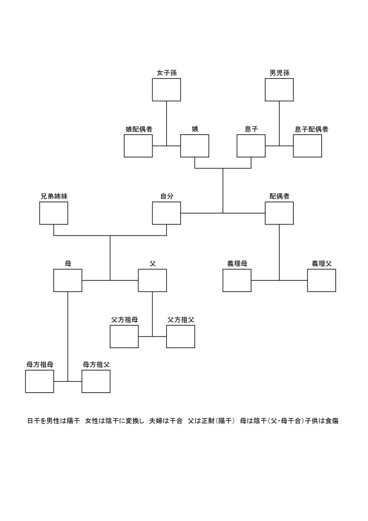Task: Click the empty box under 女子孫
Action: [166, 90]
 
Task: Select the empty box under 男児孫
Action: [279, 90]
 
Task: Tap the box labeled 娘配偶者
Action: [138, 146]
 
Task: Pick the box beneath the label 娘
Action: [195, 146]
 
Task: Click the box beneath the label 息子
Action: [251, 146]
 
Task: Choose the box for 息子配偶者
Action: [307, 146]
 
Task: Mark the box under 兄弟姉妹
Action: [54, 213]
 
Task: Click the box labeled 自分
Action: [166, 213]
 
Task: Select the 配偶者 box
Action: [279, 213]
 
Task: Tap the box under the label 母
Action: [68, 280]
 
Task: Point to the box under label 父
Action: [152, 280]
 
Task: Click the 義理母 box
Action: [237, 280]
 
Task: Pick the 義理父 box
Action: [321, 280]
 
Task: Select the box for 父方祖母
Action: [124, 336]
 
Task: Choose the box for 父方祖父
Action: [180, 336]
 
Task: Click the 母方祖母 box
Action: [40, 381]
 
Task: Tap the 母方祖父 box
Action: [96, 381]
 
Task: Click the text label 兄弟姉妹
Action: [54, 196]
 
